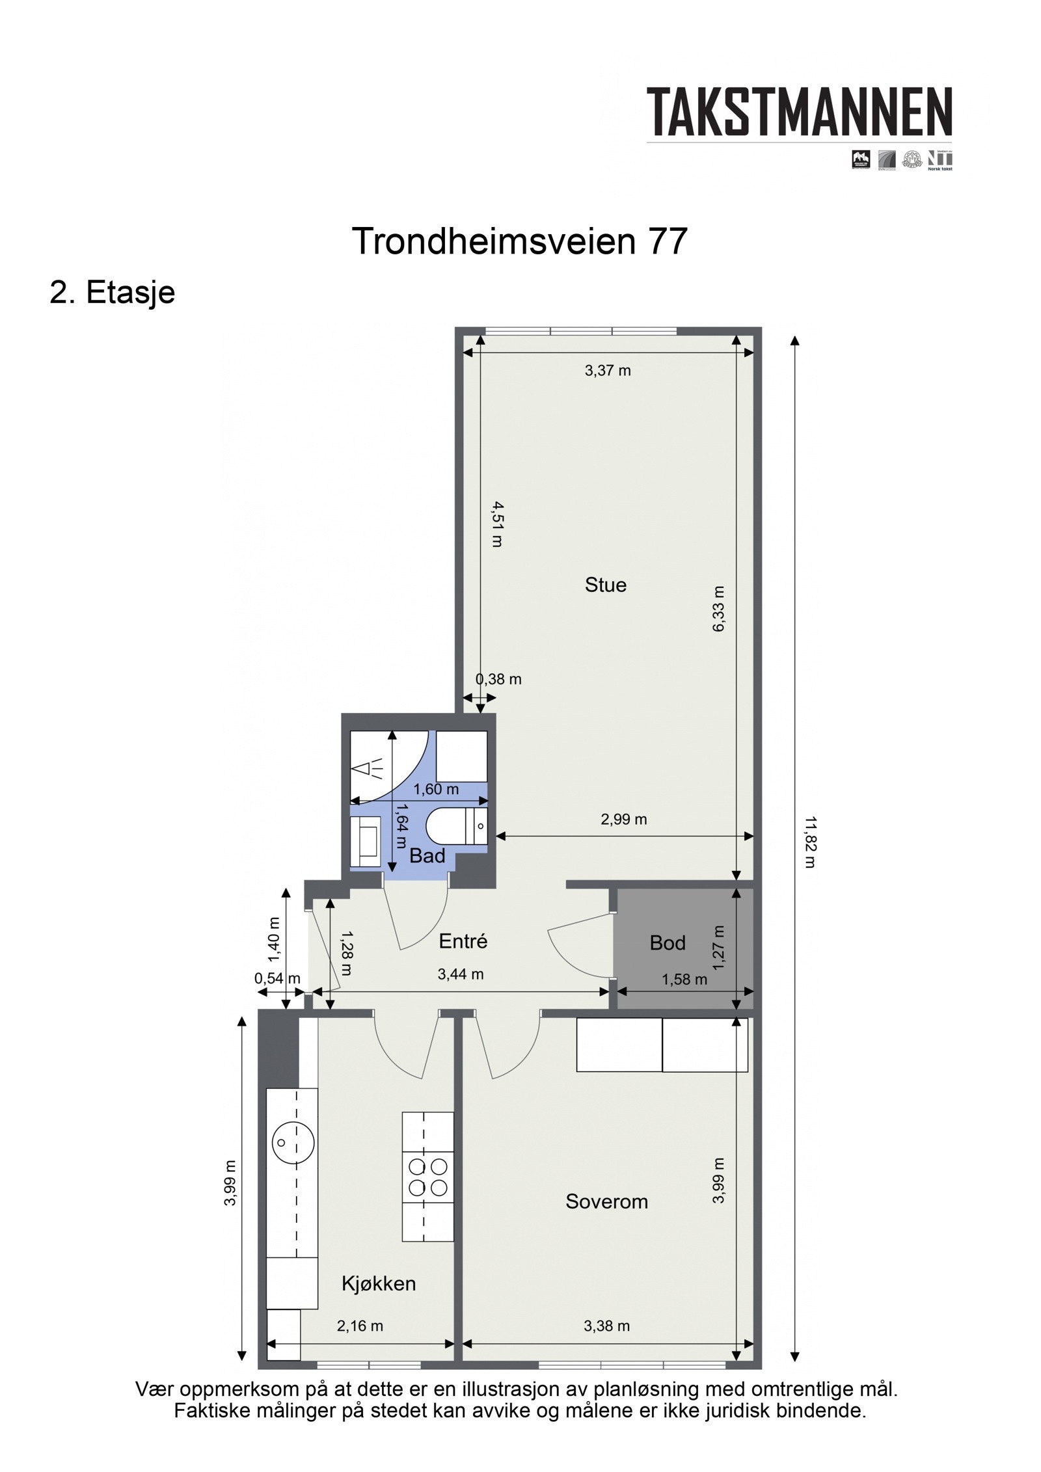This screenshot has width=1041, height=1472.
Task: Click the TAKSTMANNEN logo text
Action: pyautogui.click(x=798, y=112)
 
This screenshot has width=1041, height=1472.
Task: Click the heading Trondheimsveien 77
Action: pyautogui.click(x=519, y=241)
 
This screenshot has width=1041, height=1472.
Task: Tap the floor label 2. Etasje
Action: pyautogui.click(x=113, y=292)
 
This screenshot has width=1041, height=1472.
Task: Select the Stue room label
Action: pyautogui.click(x=605, y=585)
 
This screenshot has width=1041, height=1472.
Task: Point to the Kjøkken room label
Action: pyautogui.click(x=378, y=1283)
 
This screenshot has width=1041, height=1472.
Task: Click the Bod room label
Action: pyautogui.click(x=667, y=943)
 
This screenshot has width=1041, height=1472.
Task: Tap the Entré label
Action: pyautogui.click(x=463, y=941)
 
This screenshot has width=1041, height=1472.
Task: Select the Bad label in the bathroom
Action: pyautogui.click(x=427, y=856)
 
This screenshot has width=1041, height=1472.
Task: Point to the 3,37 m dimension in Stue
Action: pyautogui.click(x=607, y=371)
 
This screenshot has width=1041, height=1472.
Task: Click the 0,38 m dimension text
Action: pyautogui.click(x=498, y=679)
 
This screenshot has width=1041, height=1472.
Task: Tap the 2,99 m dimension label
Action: pyautogui.click(x=623, y=819)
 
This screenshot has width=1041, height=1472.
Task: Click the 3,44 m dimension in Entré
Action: pyautogui.click(x=461, y=974)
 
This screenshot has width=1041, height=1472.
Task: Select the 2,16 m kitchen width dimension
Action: pyautogui.click(x=360, y=1326)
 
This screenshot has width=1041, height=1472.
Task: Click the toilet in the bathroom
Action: pyautogui.click(x=449, y=827)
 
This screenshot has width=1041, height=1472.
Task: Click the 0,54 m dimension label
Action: pyautogui.click(x=277, y=978)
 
